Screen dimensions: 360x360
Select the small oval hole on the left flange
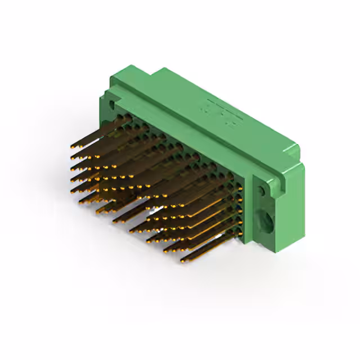point(112,105)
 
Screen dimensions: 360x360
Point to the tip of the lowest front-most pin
point(182,260)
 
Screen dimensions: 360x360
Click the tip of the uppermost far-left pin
point(73,146)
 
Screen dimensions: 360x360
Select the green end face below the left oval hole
point(105,121)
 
